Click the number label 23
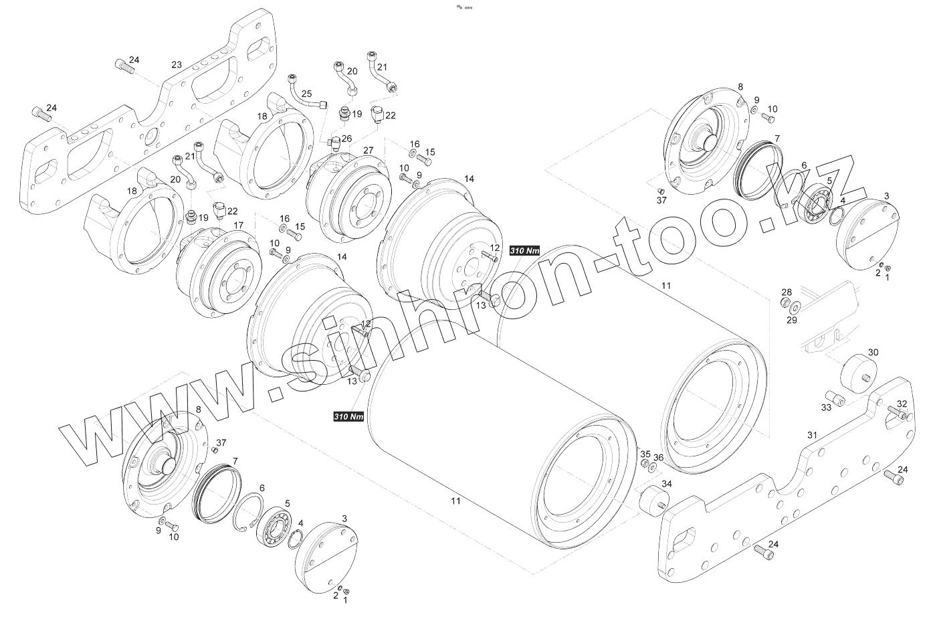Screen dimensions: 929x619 (x=177, y=65)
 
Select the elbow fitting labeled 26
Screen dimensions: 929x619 (x=334, y=143)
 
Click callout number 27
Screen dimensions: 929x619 (x=368, y=150)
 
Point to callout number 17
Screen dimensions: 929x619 (x=239, y=225)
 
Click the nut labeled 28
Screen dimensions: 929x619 (x=785, y=303)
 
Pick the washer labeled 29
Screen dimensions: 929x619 (x=795, y=307)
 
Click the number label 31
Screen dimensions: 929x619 (x=812, y=435)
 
